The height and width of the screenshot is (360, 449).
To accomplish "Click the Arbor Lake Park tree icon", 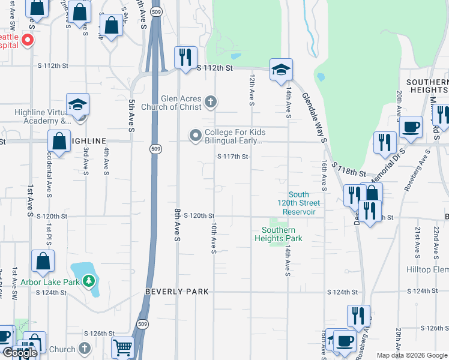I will pyautogui.click(x=89, y=281).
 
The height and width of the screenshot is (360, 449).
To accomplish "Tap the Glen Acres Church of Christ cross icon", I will pyautogui.click(x=210, y=101).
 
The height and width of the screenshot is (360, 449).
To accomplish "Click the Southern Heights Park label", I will pyautogui.click(x=279, y=234).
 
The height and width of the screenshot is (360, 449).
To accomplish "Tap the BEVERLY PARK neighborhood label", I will pyautogui.click(x=177, y=292).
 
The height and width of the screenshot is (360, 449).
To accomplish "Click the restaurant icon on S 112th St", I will pyautogui.click(x=184, y=56).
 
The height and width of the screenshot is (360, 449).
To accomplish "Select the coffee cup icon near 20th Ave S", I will pyautogui.click(x=411, y=126).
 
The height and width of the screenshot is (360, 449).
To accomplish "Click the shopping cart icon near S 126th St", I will pyautogui.click(x=122, y=347).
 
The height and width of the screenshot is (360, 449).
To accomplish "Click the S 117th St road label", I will pyautogui.click(x=232, y=157).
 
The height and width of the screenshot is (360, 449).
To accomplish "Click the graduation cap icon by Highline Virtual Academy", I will pyautogui.click(x=77, y=104).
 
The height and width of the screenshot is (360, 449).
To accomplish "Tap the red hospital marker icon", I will pyautogui.click(x=27, y=41).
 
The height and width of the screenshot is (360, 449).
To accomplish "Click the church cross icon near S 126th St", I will pyautogui.click(x=85, y=349).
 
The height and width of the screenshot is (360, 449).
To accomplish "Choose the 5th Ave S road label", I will pyautogui.click(x=131, y=114).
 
